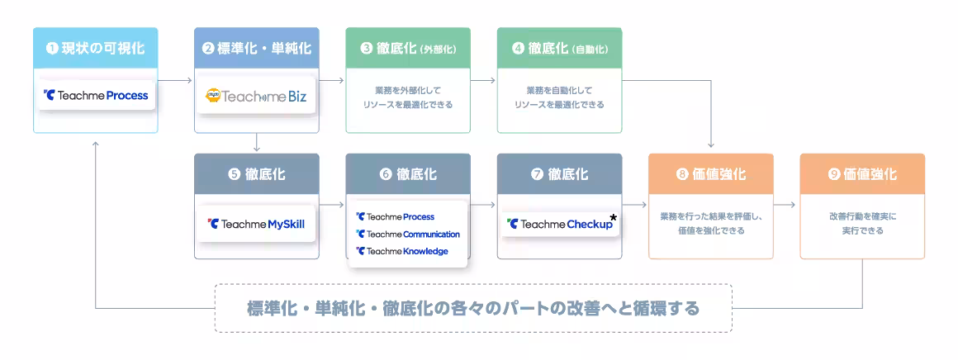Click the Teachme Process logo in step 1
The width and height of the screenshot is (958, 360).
click(x=96, y=95)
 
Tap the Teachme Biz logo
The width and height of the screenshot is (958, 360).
click(x=256, y=96)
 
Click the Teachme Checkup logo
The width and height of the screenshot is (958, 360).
click(x=560, y=224)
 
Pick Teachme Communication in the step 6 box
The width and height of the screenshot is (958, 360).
click(x=408, y=234)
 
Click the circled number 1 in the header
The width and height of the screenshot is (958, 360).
click(x=52, y=48)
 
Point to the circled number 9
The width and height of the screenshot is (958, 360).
click(x=834, y=174)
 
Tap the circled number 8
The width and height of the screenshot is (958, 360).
click(x=682, y=174)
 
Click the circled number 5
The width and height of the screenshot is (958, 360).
click(x=235, y=174)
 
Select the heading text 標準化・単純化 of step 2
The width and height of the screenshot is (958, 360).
click(x=263, y=48)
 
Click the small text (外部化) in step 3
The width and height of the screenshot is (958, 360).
click(x=438, y=49)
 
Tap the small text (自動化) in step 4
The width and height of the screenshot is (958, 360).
click(x=590, y=49)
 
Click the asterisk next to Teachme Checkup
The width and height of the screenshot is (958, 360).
click(x=614, y=218)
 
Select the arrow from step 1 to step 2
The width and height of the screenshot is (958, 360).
click(x=175, y=80)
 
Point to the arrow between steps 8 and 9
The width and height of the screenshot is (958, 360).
click(x=786, y=207)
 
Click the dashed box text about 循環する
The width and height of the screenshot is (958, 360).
click(x=473, y=308)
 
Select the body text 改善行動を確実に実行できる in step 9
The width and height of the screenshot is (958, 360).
click(x=862, y=223)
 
